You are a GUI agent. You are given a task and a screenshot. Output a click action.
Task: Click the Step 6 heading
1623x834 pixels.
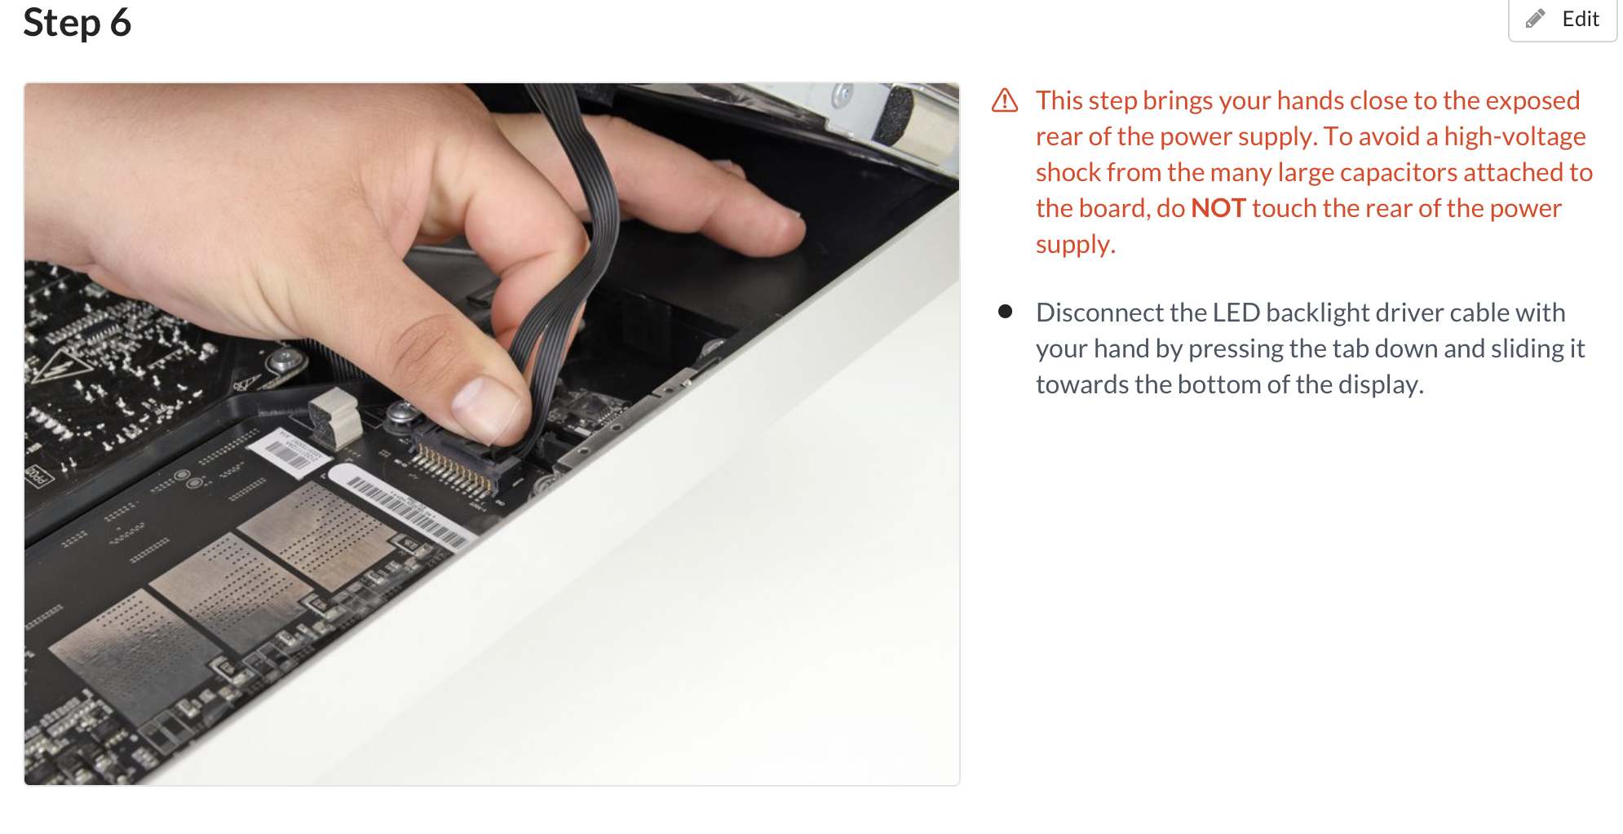point(77,22)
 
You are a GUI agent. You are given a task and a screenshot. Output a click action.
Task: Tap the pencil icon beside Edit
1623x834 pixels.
point(1536,18)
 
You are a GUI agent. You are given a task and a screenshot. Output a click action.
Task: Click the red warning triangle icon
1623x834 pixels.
point(1005,100)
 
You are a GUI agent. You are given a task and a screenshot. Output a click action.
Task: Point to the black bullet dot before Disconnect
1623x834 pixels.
point(1005,311)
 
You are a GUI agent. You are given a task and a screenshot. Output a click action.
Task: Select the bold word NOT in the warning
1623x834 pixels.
point(1218,208)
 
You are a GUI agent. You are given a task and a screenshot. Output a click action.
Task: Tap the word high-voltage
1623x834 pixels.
point(1515,136)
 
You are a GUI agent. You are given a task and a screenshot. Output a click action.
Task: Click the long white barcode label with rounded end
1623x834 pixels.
point(400,506)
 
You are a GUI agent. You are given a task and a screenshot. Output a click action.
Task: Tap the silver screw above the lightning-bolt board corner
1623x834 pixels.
point(285,358)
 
